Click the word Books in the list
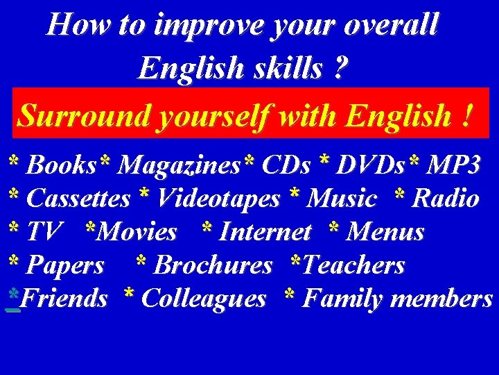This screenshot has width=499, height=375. [x=61, y=165]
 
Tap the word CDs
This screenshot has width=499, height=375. [x=286, y=165]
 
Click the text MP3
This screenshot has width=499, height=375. [x=453, y=165]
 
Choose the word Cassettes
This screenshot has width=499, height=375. [x=78, y=199]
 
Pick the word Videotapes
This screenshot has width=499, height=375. [x=218, y=199]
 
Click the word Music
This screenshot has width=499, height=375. [x=342, y=199]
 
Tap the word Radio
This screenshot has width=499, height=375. [x=445, y=199]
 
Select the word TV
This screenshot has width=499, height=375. [x=44, y=232]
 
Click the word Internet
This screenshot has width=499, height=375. [x=265, y=232]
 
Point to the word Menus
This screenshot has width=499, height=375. [x=385, y=232]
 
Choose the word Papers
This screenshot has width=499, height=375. [x=65, y=265]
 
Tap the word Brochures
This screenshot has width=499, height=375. [x=213, y=265]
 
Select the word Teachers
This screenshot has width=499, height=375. [x=353, y=265]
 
